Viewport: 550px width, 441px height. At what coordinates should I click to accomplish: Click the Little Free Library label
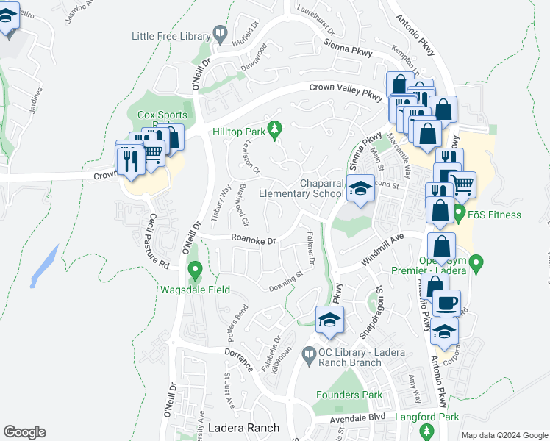170,35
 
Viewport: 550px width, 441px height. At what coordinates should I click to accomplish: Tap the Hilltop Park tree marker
276,130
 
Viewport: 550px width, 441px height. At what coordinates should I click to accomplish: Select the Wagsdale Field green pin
195,270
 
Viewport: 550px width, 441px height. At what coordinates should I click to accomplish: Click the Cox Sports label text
162,115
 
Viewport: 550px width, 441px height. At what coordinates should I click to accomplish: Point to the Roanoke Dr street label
253,240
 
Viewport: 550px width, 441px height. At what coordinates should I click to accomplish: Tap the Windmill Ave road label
383,251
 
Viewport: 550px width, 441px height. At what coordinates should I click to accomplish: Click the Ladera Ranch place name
243,428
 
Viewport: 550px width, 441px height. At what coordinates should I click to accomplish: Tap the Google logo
24,432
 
